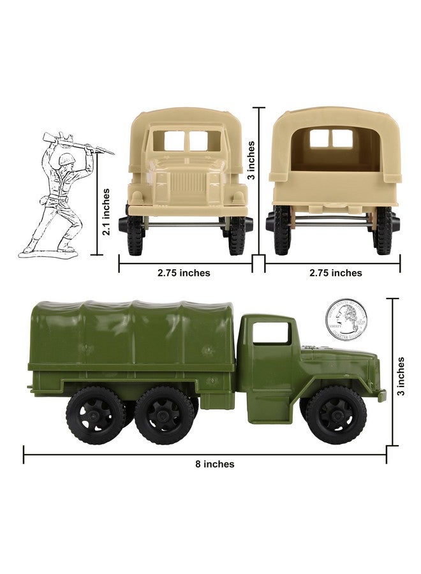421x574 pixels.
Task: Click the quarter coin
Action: coord(346,320)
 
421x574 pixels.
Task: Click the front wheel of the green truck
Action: coord(336,414)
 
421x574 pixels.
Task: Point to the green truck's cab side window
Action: coord(271,333)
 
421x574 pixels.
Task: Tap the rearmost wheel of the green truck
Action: coord(96,415)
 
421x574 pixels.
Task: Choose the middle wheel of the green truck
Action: coord(164,415)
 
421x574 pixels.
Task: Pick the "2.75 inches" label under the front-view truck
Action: coord(184,273)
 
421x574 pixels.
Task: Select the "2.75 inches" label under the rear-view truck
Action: coord(336,273)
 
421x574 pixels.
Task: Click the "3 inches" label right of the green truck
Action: coord(401,376)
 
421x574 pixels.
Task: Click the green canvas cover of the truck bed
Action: coord(131,335)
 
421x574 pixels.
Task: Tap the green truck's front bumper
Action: coord(381,395)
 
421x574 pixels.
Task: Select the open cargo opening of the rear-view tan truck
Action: coord(334,150)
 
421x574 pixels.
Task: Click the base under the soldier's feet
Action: coord(48,253)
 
